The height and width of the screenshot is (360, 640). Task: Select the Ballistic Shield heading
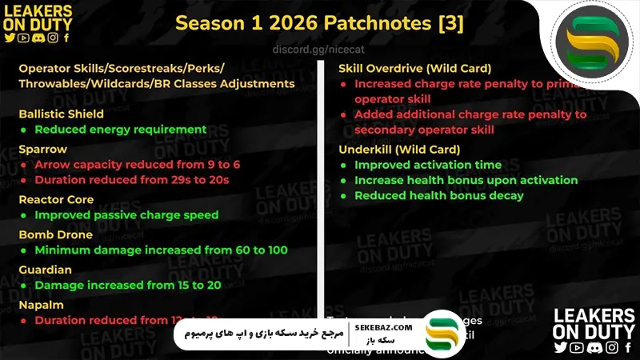pyautogui.click(x=62, y=114)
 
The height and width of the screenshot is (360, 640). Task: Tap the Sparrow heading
pyautogui.click(x=43, y=149)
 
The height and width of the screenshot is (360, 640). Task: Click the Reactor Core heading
pyautogui.click(x=56, y=199)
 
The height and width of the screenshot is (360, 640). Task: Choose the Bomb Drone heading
pyautogui.click(x=56, y=234)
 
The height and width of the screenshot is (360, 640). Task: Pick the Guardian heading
pyautogui.click(x=45, y=270)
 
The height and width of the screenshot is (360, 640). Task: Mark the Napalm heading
pyautogui.click(x=42, y=305)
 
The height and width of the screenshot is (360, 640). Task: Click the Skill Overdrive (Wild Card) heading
pyautogui.click(x=414, y=68)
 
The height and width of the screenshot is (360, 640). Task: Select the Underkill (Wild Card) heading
pyautogui.click(x=399, y=149)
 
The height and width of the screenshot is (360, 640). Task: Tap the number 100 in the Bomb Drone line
pyautogui.click(x=277, y=250)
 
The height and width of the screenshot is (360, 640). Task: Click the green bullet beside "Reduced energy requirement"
pyautogui.click(x=25, y=130)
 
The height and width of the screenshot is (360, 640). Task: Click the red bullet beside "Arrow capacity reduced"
pyautogui.click(x=25, y=165)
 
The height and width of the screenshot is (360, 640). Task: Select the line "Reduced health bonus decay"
pyautogui.click(x=439, y=196)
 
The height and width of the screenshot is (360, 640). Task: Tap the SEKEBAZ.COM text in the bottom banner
pyautogui.click(x=383, y=327)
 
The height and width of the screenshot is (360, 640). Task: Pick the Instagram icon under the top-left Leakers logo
pyautogui.click(x=53, y=37)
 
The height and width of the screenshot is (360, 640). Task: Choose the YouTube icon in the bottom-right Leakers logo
pyautogui.click(x=577, y=347)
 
